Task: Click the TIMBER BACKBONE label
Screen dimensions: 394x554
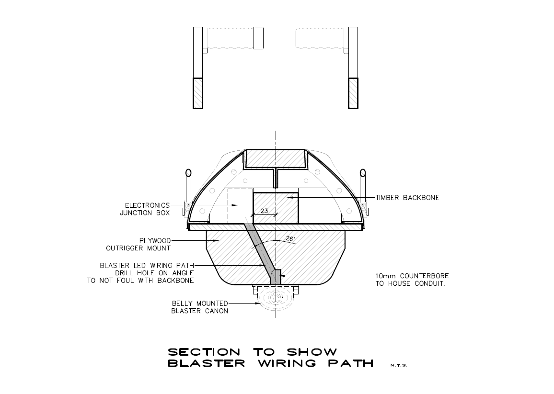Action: tap(407, 198)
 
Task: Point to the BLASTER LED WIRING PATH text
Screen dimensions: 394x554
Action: tap(147, 265)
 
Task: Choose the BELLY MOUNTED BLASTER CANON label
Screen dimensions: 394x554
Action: tap(199, 307)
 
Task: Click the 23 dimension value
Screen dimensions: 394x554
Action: tap(264, 211)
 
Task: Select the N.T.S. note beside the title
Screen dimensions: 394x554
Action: tap(398, 366)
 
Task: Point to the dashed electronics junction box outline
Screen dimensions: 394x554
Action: tap(240, 205)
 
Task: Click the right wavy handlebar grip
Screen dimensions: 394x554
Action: tap(319, 38)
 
